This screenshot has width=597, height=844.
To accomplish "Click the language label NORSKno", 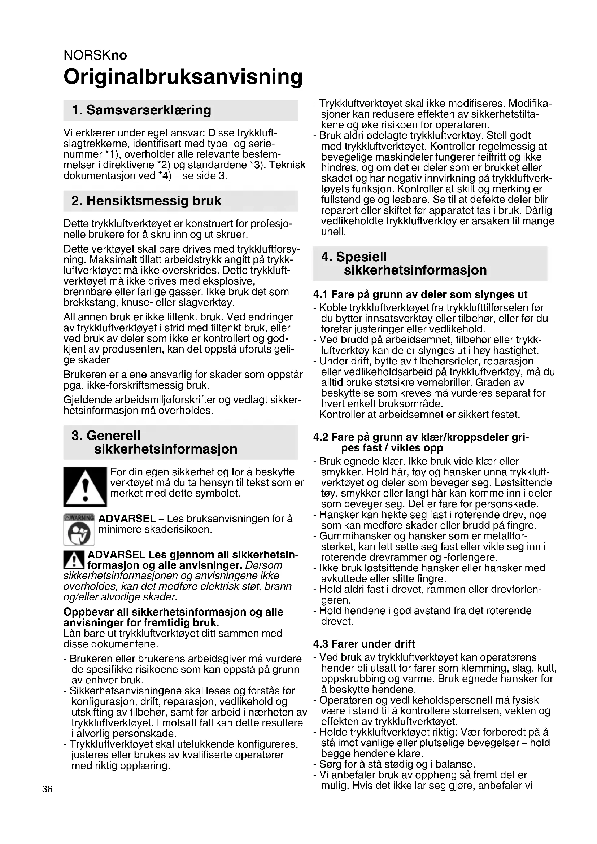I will click(95, 55).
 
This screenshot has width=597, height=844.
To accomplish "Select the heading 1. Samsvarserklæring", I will click(141, 110).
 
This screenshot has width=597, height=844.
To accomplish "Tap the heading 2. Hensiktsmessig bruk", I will click(146, 201).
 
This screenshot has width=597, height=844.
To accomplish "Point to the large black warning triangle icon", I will click(85, 487).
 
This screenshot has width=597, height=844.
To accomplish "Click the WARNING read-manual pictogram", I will click(79, 529).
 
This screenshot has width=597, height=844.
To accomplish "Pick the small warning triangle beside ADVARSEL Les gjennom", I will click(74, 560).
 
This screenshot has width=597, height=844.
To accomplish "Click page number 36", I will click(47, 789).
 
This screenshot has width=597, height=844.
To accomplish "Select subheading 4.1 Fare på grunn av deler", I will click(420, 294).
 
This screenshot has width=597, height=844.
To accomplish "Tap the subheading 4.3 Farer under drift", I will click(364, 644).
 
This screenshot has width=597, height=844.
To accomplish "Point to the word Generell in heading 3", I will click(113, 435).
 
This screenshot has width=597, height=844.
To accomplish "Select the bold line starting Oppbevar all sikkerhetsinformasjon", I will click(173, 612).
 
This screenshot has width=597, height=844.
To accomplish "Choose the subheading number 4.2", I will click(321, 437).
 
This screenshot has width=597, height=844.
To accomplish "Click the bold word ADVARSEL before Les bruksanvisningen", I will click(127, 519).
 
